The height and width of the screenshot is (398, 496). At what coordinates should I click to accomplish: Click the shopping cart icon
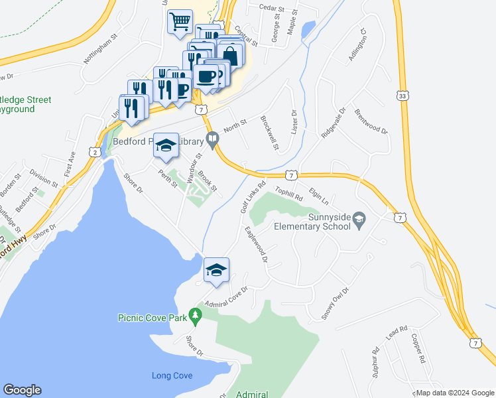[x=180, y=22]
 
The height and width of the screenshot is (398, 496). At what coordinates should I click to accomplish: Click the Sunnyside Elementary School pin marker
[x=359, y=219]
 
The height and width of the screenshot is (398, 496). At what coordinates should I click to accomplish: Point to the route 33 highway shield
[x=403, y=98]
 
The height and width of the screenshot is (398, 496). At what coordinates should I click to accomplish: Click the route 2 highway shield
[x=96, y=153]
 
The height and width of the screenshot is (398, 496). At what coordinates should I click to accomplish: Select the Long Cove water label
[x=172, y=375]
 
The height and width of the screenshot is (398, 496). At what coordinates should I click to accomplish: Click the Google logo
[x=22, y=390]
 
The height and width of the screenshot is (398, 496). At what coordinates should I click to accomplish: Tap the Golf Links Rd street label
[x=253, y=197]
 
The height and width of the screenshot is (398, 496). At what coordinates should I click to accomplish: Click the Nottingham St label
[x=100, y=54]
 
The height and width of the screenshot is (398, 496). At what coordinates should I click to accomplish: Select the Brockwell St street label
[x=270, y=132]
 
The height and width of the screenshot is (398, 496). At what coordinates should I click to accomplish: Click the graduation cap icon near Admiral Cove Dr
[x=216, y=270]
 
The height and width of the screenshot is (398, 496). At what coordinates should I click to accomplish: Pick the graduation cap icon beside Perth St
[x=166, y=147]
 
